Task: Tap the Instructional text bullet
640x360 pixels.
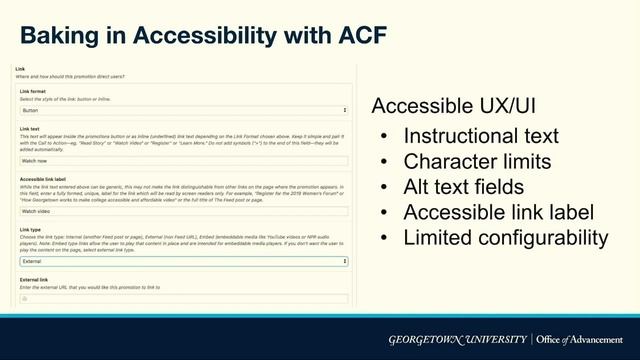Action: point(481,136)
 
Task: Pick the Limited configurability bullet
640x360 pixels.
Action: point(505,237)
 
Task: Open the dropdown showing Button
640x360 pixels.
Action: point(184,110)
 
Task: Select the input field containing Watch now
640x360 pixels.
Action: point(184,160)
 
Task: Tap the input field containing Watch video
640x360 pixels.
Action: point(184,211)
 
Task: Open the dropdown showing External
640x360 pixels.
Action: point(184,261)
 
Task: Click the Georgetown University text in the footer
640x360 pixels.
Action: point(458,339)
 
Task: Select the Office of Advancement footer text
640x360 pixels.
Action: point(581,339)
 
